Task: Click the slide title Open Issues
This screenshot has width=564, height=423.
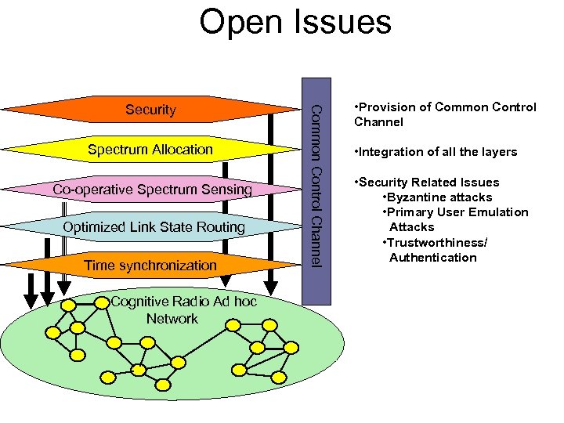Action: tap(295, 22)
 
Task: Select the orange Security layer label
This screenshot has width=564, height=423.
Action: tap(150, 110)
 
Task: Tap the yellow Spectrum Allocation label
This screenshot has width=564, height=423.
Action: tap(150, 149)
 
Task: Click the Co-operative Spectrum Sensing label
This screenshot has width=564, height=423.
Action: tap(152, 189)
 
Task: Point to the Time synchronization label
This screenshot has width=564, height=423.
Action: tap(150, 266)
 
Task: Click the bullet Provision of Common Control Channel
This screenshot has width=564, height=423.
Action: tap(445, 114)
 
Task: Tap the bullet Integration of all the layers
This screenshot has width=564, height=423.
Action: tap(436, 152)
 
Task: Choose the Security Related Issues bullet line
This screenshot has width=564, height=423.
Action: tap(426, 183)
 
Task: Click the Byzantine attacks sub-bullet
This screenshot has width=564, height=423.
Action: tap(437, 197)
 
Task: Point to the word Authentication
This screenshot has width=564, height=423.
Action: tap(432, 258)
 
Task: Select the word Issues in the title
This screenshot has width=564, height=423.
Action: tap(342, 22)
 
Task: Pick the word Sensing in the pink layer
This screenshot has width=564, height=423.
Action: tap(227, 189)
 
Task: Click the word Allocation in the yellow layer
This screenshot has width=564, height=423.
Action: tap(182, 149)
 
